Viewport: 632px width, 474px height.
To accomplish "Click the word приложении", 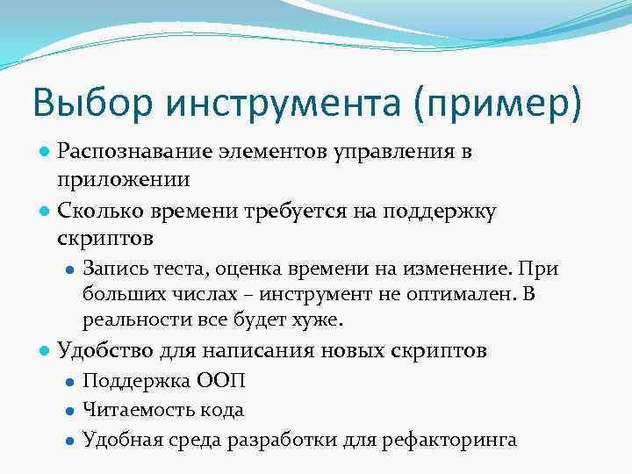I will click(123, 179).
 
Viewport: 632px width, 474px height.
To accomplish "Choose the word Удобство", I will click(106, 351).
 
